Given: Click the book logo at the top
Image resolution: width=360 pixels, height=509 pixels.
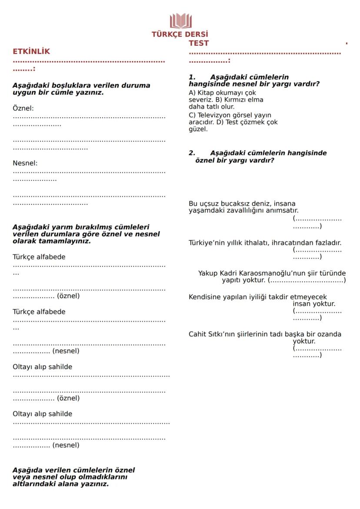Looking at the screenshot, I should (180, 21).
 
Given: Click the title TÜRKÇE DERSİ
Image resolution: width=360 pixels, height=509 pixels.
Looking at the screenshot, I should (180, 34).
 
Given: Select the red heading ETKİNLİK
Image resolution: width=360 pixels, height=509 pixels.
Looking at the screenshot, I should (31, 51).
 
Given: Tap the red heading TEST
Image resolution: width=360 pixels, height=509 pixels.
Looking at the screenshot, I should (199, 43).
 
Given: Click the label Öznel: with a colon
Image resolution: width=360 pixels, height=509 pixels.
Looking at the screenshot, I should (23, 108).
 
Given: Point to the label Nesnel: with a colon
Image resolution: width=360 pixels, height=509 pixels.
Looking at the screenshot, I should (25, 163).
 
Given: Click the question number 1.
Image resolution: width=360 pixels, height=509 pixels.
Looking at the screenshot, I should (192, 77).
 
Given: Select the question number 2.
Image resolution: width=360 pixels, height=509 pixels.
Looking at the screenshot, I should (192, 153).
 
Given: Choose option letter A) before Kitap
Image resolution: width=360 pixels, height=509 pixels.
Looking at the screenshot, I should (192, 93).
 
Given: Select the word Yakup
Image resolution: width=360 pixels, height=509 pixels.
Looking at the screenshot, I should (208, 273).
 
